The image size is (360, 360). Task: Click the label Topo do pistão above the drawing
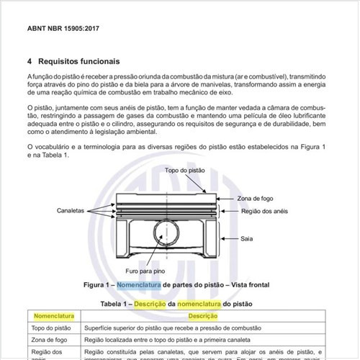point(184,171)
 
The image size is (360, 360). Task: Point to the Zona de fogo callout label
point(256,198)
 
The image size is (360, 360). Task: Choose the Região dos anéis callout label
point(264,211)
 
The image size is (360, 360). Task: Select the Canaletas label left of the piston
point(71,211)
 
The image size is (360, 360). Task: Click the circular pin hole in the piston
point(168,235)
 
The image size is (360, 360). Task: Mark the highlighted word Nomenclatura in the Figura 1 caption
point(140,285)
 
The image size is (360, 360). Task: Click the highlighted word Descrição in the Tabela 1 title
point(149,303)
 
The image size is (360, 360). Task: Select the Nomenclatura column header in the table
point(55,315)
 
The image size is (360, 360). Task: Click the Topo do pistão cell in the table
point(53,328)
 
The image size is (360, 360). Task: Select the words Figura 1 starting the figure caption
point(97,285)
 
